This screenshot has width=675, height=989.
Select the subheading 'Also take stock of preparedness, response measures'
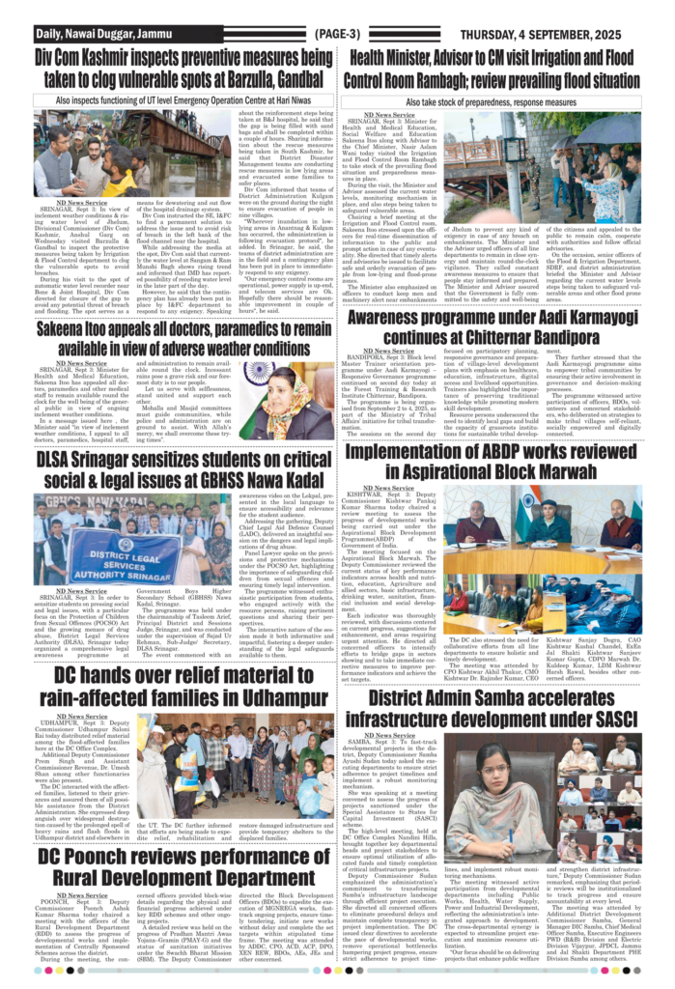coord(503,100)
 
